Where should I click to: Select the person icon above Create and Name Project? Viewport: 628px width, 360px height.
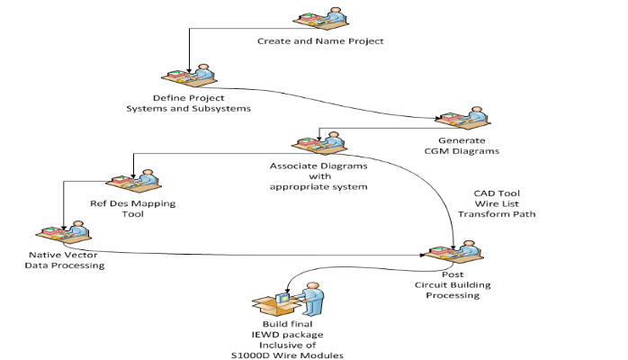tap(319, 18)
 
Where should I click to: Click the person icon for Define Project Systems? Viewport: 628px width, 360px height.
tap(187, 76)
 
